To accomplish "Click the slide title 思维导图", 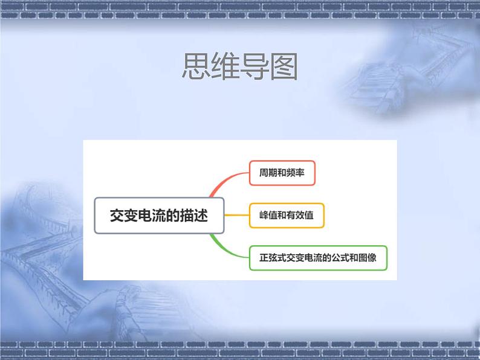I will coord(239,68).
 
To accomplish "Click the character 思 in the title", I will coord(196,68).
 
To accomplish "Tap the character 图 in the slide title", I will coord(284,68).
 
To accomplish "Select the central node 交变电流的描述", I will coord(159,216).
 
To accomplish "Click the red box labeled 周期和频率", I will coord(282,173).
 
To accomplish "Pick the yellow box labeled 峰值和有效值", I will coord(287,215).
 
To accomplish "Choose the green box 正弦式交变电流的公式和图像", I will coord(318,258).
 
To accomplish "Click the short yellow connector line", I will coord(236,215).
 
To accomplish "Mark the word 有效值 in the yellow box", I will coord(300,215).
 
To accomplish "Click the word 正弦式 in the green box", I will coord(271,258).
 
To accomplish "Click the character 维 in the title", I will coord(225,68).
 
